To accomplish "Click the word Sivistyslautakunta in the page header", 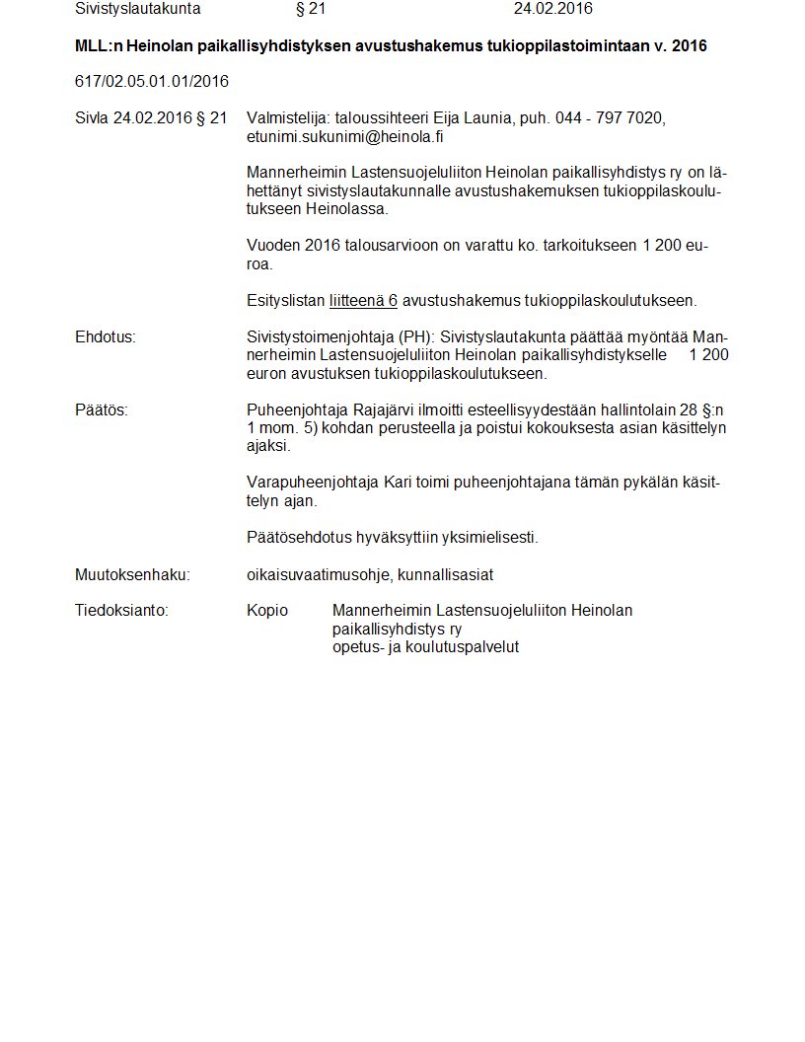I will (x=137, y=9).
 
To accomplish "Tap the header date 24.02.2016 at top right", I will (x=552, y=9).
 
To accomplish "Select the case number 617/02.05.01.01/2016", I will (x=152, y=81).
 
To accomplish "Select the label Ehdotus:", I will (x=106, y=337).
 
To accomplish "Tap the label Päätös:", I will (x=102, y=409).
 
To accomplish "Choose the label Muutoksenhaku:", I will (x=132, y=574).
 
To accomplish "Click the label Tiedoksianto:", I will (x=122, y=611).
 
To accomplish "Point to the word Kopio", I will (x=267, y=611).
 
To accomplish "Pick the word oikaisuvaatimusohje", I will (x=319, y=574).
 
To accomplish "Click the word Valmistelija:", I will (x=286, y=118).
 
